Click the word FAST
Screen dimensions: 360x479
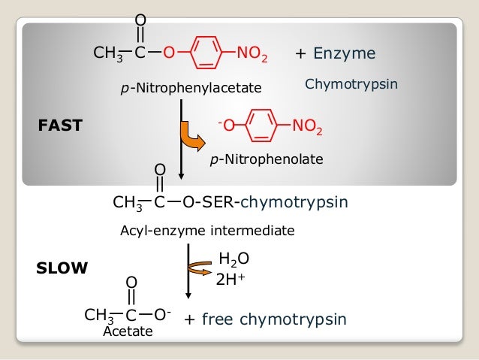tap(59, 126)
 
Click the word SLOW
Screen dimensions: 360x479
tap(62, 267)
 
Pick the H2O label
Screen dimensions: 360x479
tap(233, 260)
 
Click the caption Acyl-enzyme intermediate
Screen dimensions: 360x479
tap(208, 231)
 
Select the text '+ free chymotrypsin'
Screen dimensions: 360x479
tap(265, 319)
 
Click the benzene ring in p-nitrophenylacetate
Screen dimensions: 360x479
tap(205, 53)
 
